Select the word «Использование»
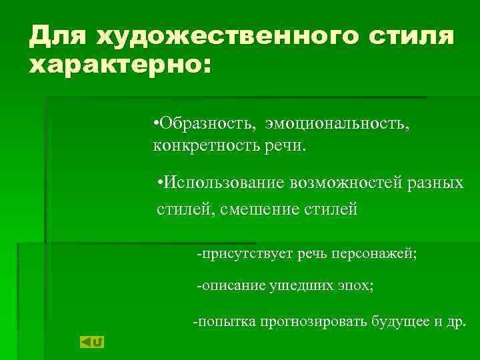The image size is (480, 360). pyautogui.click(x=224, y=183)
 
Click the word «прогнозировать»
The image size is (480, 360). pyautogui.click(x=309, y=322)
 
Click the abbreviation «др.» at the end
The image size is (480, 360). pyautogui.click(x=455, y=322)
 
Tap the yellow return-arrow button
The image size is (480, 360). pyautogui.click(x=92, y=342)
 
